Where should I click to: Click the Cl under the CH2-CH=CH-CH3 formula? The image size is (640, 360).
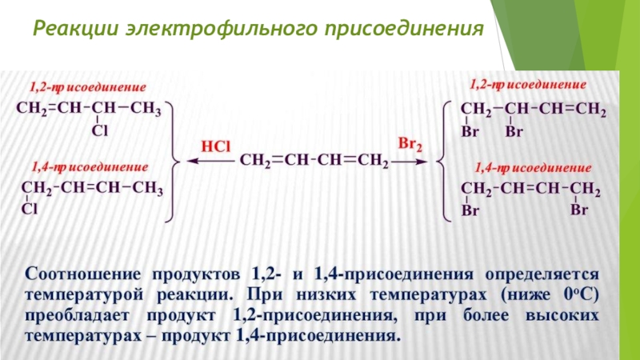click(x=29, y=210)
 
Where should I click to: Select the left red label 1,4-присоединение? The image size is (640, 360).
click(x=89, y=168)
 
